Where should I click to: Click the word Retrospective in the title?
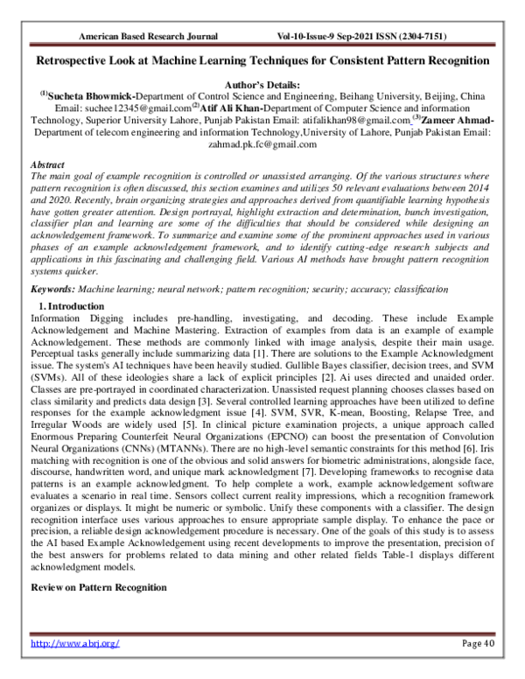point(77,61)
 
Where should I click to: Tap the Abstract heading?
point(48,164)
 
